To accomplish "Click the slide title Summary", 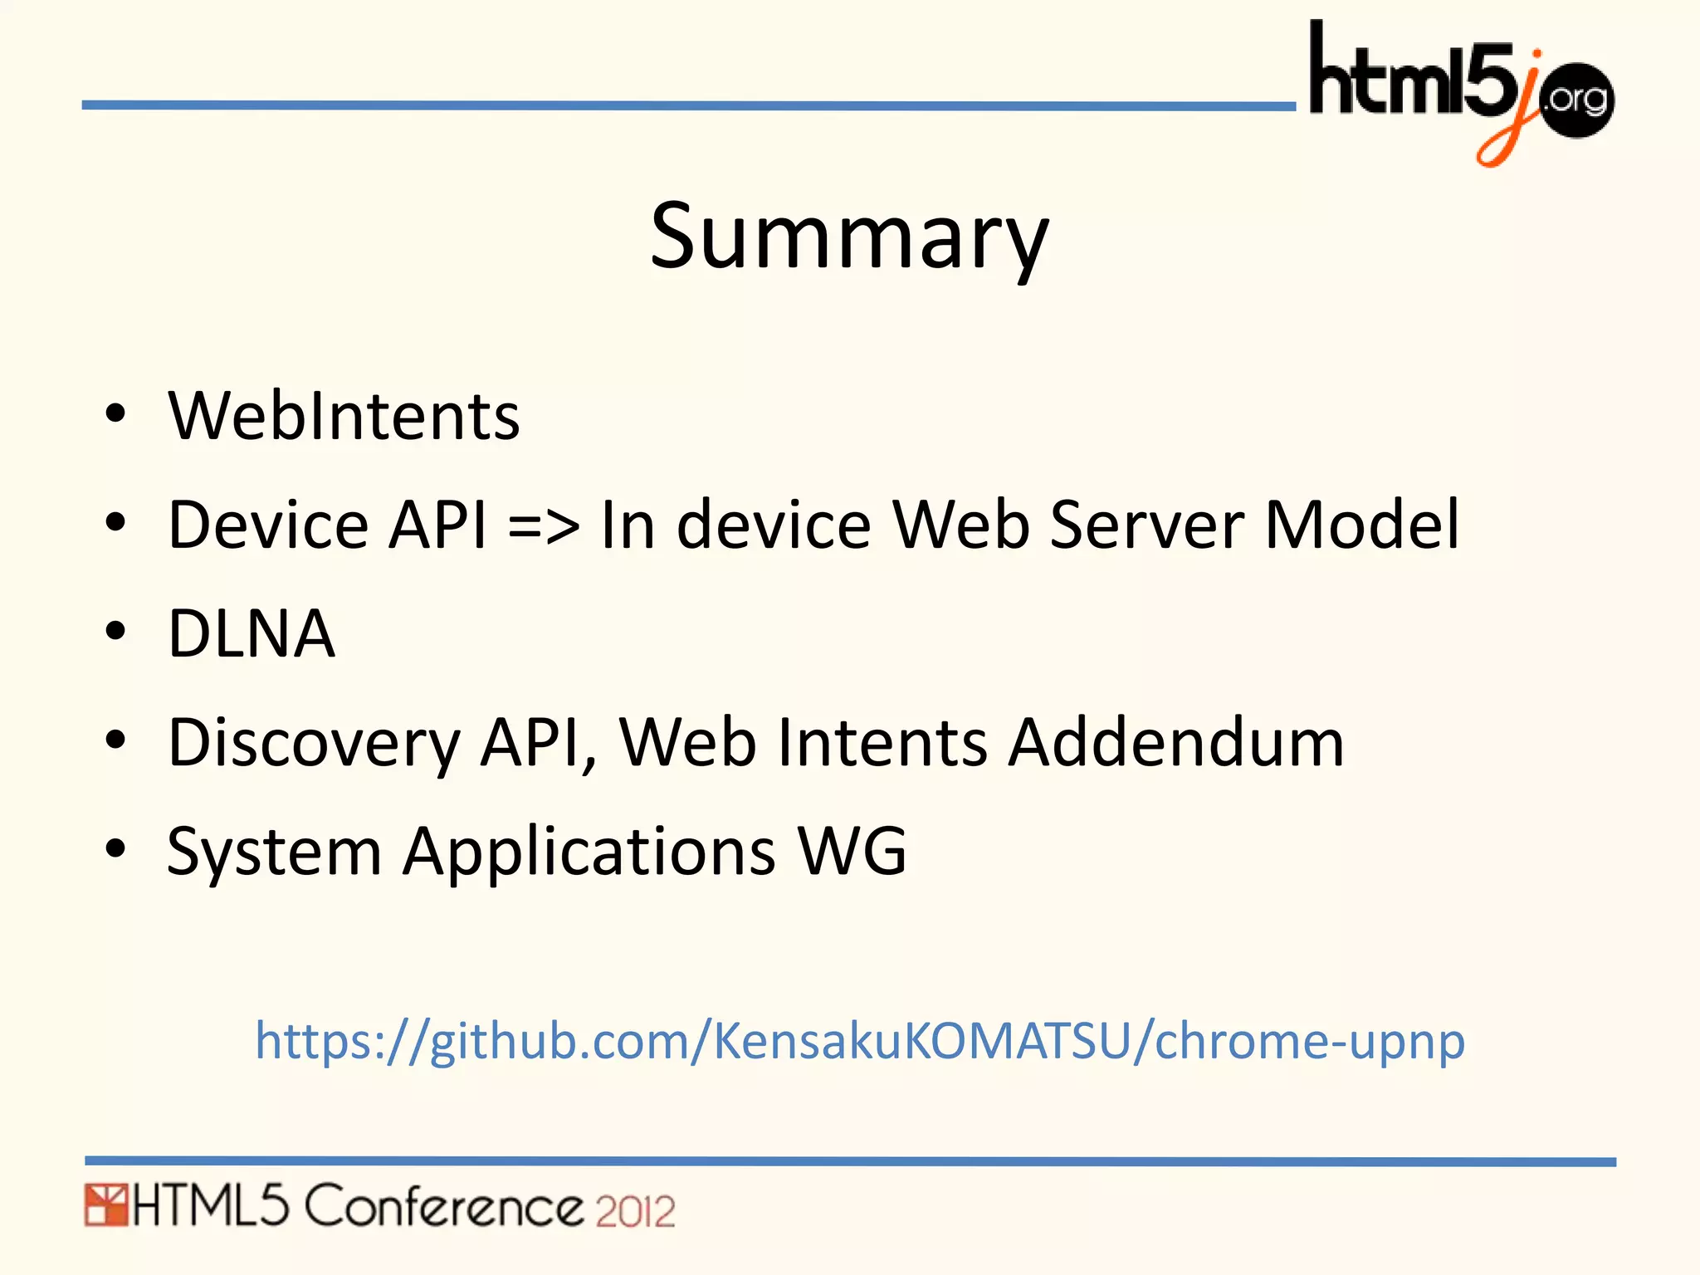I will pyautogui.click(x=849, y=238).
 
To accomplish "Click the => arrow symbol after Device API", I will pyautogui.click(x=544, y=526).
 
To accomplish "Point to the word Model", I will pyautogui.click(x=1361, y=525).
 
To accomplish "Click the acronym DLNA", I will pyautogui.click(x=252, y=633).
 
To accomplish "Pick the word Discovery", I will pyautogui.click(x=314, y=743).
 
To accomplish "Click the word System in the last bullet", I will pyautogui.click(x=274, y=852).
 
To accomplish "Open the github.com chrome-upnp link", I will pyautogui.click(x=859, y=1041).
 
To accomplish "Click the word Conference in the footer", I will pyautogui.click(x=444, y=1207).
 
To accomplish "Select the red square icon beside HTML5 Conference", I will pyautogui.click(x=105, y=1206).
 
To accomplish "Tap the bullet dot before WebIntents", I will pyautogui.click(x=115, y=414).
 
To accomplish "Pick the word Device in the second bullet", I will pyautogui.click(x=267, y=525).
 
